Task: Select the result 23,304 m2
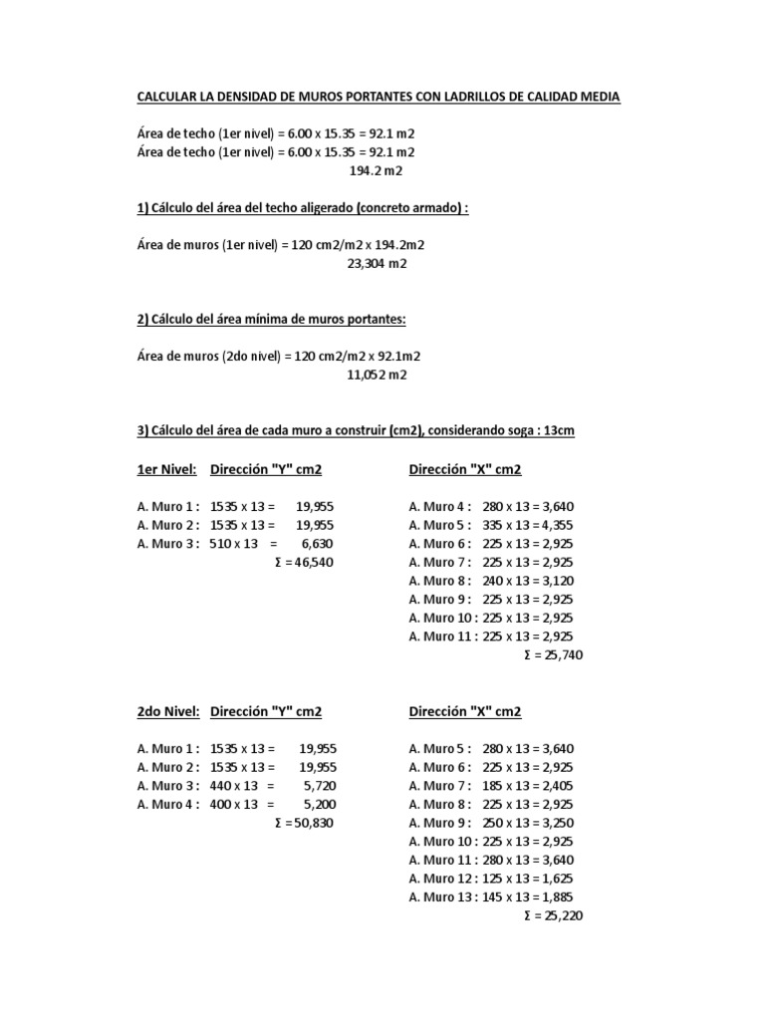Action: pyautogui.click(x=377, y=264)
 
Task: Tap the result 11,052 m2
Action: pyautogui.click(x=377, y=375)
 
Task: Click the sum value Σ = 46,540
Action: pyautogui.click(x=304, y=562)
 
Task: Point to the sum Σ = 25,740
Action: pyautogui.click(x=552, y=654)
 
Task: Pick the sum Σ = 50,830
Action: pyautogui.click(x=304, y=823)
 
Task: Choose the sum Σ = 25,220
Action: pyautogui.click(x=552, y=915)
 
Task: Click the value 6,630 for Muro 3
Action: pyautogui.click(x=315, y=543)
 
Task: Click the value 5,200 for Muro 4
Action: pyautogui.click(x=318, y=804)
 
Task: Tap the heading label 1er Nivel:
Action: pyautogui.click(x=166, y=470)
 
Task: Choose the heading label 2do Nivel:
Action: pyautogui.click(x=168, y=711)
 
